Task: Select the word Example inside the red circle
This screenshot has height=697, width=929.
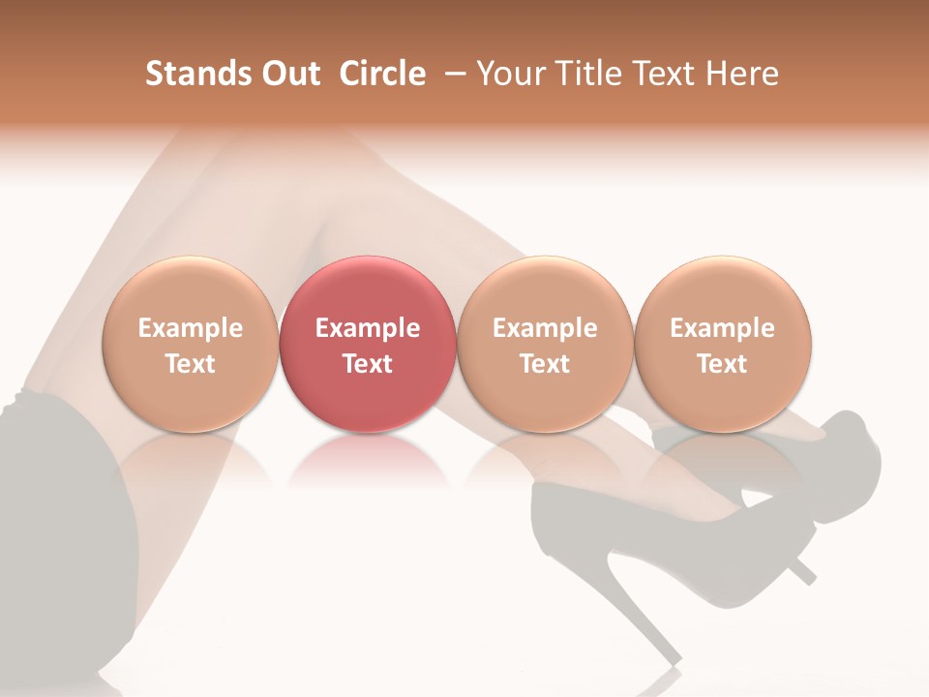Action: coord(368,328)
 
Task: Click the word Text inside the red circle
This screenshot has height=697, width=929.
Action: coord(368,364)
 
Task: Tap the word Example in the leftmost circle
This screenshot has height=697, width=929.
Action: coord(191,328)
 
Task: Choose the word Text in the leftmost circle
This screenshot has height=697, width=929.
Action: coord(191,364)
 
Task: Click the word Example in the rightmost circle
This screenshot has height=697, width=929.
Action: coord(723,328)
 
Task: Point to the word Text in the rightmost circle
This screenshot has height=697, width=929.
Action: coord(723,364)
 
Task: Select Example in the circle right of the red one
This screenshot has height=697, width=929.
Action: coord(545,328)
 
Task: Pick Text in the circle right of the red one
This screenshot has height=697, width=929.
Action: coord(545,364)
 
